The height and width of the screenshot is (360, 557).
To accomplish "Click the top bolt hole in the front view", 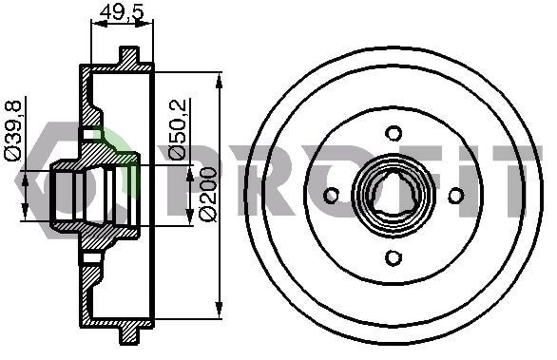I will point(394,133).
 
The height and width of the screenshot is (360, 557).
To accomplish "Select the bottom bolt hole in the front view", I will point(394,256).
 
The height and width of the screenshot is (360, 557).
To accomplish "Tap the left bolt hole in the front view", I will point(332,196).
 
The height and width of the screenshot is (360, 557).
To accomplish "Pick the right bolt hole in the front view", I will point(455,196).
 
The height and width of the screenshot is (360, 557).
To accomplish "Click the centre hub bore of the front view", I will point(394,196).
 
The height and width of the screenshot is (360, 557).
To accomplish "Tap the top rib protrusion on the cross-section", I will point(128,55).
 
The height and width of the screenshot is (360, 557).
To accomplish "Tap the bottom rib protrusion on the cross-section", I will point(128,334).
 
